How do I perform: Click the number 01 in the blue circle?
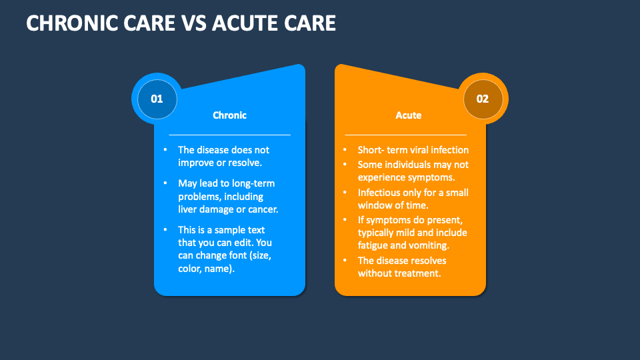pyautogui.click(x=157, y=99)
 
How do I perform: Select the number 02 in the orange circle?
pyautogui.click(x=482, y=99)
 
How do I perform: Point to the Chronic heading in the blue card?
pyautogui.click(x=229, y=115)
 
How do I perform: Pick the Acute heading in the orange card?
pyautogui.click(x=409, y=115)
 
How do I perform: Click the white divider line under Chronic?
pyautogui.click(x=229, y=135)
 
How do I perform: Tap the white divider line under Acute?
pyautogui.click(x=405, y=135)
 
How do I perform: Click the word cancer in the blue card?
pyautogui.click(x=261, y=209)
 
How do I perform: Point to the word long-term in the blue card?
pyautogui.click(x=253, y=183)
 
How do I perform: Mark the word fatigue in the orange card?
pyautogui.click(x=374, y=245)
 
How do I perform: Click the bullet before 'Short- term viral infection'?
pyautogui.click(x=345, y=150)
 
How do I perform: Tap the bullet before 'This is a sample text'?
pyautogui.click(x=165, y=229)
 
